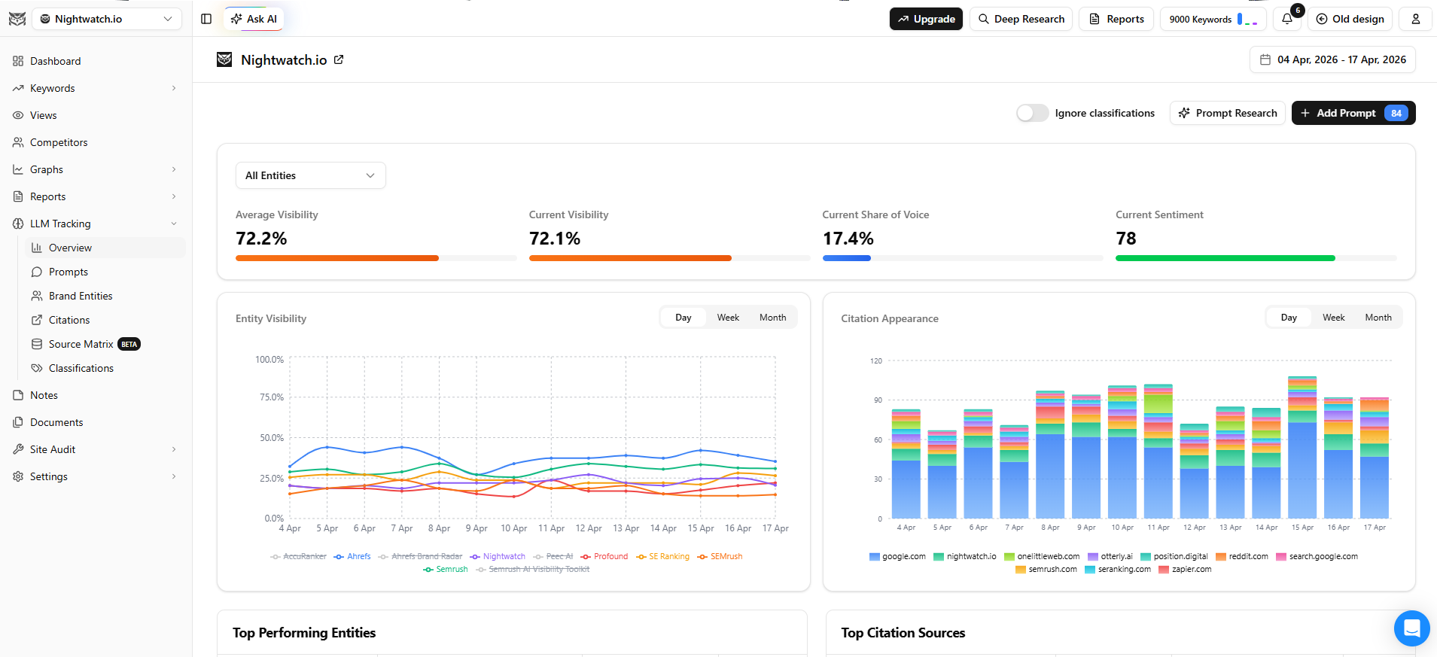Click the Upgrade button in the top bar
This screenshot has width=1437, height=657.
[x=926, y=19]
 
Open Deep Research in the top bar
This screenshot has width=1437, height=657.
[x=1021, y=19]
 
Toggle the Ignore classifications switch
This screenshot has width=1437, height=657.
[x=1032, y=113]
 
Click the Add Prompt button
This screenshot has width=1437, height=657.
[x=1353, y=113]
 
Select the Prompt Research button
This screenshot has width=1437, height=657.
[x=1227, y=113]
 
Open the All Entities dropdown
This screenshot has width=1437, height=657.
[x=310, y=175]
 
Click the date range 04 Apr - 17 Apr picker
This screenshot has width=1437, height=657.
[x=1332, y=59]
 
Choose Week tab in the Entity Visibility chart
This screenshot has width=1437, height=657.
[x=728, y=318]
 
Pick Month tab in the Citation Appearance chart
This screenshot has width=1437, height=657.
[x=1378, y=318]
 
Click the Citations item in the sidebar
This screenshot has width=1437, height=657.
[x=69, y=320]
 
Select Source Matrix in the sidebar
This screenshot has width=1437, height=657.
[x=81, y=344]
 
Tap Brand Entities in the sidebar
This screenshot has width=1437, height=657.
[x=81, y=296]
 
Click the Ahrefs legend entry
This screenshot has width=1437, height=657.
[x=353, y=557]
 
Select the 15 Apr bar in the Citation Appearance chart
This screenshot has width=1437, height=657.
[x=1302, y=452]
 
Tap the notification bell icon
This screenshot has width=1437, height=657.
[x=1287, y=19]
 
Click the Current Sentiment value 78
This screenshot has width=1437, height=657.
[x=1125, y=239]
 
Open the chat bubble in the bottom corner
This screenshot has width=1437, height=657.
[x=1411, y=628]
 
